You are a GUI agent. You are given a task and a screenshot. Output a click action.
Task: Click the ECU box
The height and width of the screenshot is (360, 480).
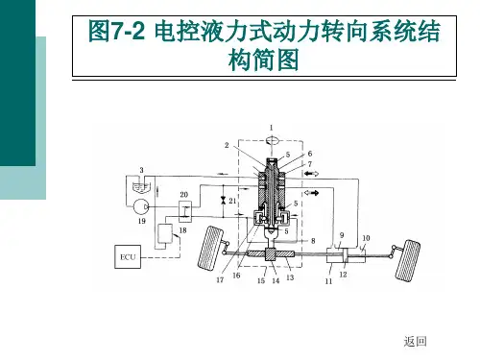[128, 256]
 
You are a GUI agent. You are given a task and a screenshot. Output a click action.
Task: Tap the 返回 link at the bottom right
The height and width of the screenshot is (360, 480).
[415, 342]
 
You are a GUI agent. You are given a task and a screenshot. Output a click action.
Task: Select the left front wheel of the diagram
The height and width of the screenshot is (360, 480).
[210, 248]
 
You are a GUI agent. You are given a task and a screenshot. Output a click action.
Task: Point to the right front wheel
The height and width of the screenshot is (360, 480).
[408, 260]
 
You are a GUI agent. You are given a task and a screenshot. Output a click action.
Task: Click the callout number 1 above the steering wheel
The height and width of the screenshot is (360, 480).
[272, 128]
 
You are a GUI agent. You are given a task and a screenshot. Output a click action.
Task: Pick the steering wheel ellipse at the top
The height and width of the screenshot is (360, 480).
[272, 140]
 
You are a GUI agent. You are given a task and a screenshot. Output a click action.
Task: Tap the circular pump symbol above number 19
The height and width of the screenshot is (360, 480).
[141, 207]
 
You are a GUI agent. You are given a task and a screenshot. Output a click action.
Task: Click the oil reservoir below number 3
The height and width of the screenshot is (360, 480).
[141, 187]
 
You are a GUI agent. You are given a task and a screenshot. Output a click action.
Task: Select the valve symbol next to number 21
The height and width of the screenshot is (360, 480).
[223, 201]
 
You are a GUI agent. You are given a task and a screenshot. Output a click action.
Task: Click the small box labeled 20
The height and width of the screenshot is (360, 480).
[185, 211]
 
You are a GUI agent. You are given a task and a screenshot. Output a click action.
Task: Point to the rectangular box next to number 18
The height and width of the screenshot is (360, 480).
[165, 234]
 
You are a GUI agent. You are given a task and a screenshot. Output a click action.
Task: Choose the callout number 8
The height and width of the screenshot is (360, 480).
[313, 241]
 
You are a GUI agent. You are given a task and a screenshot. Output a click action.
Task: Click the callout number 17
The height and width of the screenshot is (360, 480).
[220, 279]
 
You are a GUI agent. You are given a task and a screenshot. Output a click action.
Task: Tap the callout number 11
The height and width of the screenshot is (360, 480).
[328, 281]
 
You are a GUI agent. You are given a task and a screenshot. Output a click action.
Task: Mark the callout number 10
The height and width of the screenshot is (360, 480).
[366, 238]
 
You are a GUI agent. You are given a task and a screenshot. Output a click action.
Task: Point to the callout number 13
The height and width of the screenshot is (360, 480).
[290, 277]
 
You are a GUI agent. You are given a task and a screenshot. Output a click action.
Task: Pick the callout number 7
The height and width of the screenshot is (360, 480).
[310, 164]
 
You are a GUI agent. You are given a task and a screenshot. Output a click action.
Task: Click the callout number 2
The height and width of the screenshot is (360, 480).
[227, 145]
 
